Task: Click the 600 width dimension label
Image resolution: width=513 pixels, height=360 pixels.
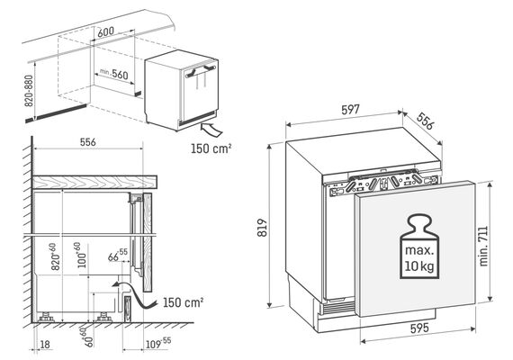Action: click(x=106, y=31)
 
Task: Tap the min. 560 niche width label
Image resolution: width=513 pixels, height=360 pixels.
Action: click(x=114, y=74)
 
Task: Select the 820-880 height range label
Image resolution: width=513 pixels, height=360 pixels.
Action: click(x=30, y=91)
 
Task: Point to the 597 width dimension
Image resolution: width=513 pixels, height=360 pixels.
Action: click(x=350, y=110)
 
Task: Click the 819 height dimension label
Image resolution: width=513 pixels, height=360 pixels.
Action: click(x=263, y=228)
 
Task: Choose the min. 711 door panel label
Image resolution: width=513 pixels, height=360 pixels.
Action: click(x=483, y=246)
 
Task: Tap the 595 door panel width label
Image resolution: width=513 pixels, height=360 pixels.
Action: click(x=419, y=328)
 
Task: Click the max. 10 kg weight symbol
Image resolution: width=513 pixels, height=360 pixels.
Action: click(x=419, y=246)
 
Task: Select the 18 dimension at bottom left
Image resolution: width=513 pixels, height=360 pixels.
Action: click(x=45, y=344)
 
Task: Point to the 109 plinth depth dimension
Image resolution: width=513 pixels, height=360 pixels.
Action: click(x=158, y=343)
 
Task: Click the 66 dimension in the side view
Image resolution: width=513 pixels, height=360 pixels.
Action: click(x=118, y=256)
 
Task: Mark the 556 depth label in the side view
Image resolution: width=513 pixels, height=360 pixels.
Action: click(x=88, y=142)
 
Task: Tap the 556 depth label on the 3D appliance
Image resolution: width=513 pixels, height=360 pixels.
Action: click(x=426, y=121)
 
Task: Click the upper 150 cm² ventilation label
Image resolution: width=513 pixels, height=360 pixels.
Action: click(x=211, y=148)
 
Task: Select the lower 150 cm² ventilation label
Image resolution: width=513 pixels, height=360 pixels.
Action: click(x=184, y=302)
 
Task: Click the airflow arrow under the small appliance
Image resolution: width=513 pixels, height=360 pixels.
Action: click(x=211, y=130)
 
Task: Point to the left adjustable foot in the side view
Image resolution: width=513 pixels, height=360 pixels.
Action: click(x=46, y=317)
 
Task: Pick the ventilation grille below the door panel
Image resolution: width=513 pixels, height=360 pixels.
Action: click(x=338, y=308)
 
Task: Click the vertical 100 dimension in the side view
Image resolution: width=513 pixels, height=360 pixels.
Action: click(x=82, y=256)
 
